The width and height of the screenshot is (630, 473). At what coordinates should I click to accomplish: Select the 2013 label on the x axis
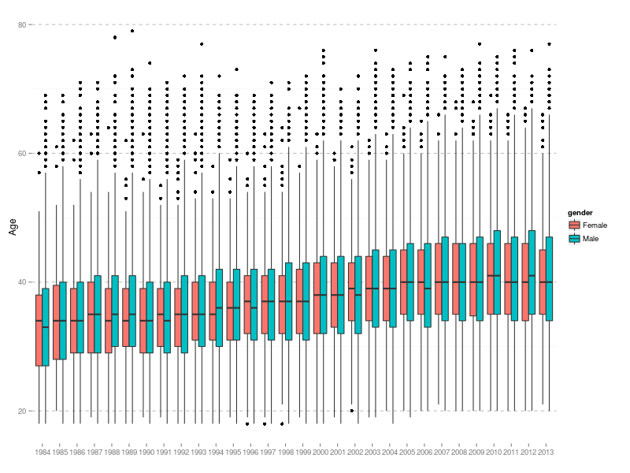544,453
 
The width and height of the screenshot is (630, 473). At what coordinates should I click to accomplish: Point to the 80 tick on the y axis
23,24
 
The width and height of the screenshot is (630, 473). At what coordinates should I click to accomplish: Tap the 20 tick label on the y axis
23,411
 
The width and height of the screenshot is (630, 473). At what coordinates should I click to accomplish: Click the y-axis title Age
13,227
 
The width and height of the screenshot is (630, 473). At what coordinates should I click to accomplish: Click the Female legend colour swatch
574,225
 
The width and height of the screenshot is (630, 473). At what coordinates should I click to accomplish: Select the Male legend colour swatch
574,238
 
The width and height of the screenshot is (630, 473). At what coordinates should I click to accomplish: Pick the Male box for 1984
46,327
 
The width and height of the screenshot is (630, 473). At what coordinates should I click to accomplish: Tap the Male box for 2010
497,272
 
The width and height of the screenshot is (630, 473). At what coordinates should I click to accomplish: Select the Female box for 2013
541,281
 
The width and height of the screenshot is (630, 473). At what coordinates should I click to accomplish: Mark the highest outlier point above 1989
132,31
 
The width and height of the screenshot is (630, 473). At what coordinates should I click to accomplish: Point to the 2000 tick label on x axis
321,453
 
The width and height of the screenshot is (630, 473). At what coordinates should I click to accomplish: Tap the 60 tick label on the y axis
23,153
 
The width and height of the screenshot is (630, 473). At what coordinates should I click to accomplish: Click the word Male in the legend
591,238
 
